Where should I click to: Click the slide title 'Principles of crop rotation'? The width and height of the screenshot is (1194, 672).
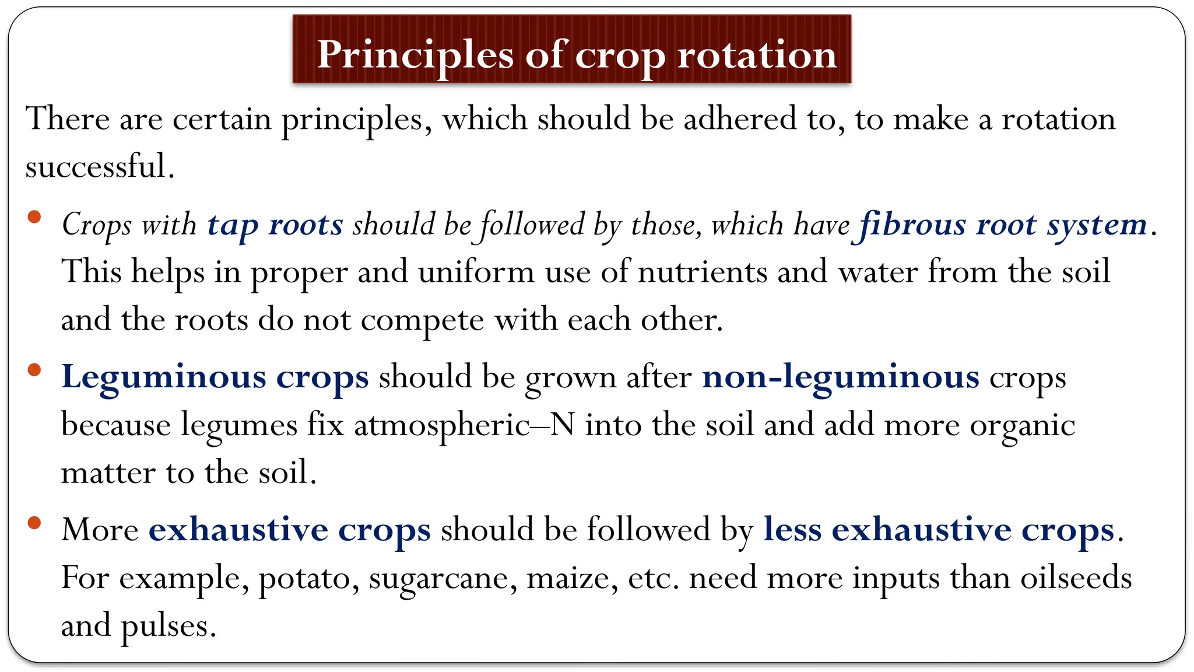click(x=577, y=54)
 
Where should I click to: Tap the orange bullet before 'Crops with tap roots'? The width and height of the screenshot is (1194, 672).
click(x=34, y=218)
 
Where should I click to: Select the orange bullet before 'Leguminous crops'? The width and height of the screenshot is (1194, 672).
click(x=34, y=370)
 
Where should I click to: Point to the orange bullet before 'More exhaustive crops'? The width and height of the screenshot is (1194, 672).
click(x=34, y=523)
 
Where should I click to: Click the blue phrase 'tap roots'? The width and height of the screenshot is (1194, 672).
click(x=275, y=225)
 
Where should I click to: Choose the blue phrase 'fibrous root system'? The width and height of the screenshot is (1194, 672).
click(x=1003, y=225)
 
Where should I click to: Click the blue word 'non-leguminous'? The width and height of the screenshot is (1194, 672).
click(x=841, y=377)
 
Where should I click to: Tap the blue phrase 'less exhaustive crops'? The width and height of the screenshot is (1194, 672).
click(x=939, y=530)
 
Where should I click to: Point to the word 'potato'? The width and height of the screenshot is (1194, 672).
click(x=308, y=578)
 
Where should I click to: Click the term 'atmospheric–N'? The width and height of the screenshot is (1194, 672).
click(x=464, y=425)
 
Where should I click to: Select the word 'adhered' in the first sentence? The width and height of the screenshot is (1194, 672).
click(x=740, y=119)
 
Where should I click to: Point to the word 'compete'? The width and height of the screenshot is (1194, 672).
click(x=422, y=320)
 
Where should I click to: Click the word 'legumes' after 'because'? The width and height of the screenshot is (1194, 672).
click(x=239, y=425)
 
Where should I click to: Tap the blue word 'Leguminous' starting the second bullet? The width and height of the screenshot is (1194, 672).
click(x=164, y=377)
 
